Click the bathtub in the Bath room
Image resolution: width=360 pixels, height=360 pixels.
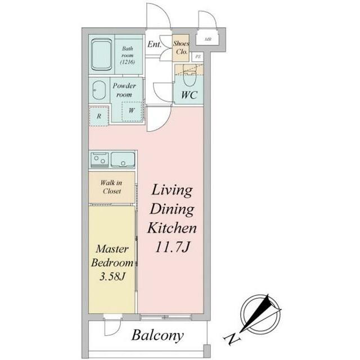[x=101, y=55]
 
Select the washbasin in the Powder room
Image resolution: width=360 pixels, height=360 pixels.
[x=99, y=90]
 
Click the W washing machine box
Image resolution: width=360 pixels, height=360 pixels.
[x=132, y=111]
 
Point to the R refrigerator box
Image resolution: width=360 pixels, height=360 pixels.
[x=99, y=116]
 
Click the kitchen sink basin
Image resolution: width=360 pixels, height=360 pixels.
[x=123, y=160]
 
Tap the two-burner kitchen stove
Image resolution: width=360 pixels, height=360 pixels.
[x=100, y=160]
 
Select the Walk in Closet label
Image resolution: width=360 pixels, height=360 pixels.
[x=111, y=187]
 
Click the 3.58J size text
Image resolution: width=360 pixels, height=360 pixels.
[x=112, y=277]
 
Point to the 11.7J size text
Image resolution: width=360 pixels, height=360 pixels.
[x=173, y=247]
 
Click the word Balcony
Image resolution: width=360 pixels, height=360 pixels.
[x=157, y=336]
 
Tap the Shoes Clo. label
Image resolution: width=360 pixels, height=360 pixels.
[x=181, y=47]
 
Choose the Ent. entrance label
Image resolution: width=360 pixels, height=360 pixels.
[x=154, y=44]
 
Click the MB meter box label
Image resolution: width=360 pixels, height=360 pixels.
[x=208, y=39]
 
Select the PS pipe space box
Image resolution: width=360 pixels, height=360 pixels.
[x=197, y=56]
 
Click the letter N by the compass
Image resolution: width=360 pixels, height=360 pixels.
[x=232, y=339]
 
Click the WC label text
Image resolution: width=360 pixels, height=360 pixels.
[x=189, y=95]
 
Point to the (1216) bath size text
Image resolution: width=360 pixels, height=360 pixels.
[x=128, y=62]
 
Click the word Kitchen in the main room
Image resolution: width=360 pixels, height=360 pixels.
[x=172, y=228]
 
